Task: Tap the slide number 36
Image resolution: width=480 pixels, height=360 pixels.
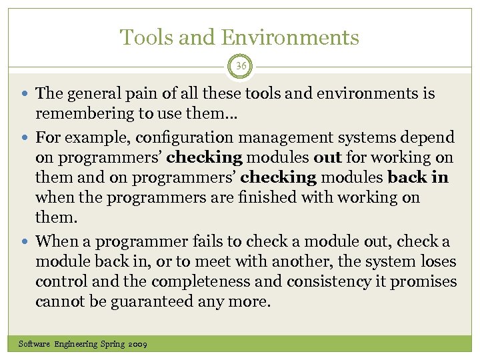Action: (x=240, y=66)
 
